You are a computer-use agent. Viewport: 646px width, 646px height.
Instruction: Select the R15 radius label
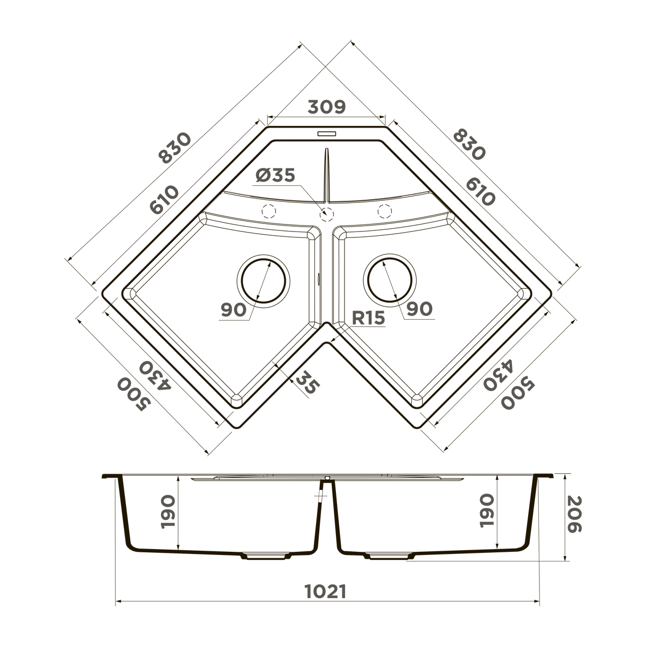tap(369, 318)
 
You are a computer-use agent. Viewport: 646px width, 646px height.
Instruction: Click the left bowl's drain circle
tap(263, 280)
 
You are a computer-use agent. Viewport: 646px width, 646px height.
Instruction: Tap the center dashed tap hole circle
tap(326, 214)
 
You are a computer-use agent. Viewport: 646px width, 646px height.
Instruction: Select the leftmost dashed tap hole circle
tap(268, 211)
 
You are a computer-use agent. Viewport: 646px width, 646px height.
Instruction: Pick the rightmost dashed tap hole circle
tap(384, 211)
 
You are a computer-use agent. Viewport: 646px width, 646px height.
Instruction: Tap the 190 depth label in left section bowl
tap(167, 512)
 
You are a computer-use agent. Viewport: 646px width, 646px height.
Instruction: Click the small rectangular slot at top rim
tap(326, 132)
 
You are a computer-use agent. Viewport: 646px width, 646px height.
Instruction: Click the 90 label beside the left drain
tap(234, 310)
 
